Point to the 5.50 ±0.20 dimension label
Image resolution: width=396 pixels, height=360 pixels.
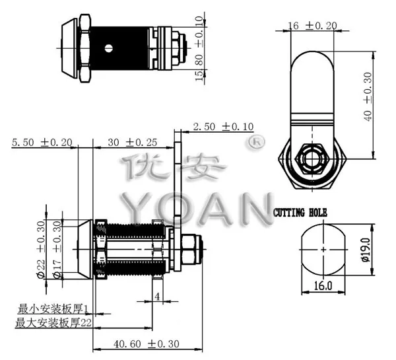pos(42,142)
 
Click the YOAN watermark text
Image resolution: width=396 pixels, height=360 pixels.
pos(198,208)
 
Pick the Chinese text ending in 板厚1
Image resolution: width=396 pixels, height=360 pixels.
pos(56,308)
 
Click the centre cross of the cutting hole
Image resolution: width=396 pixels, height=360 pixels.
pos(323,250)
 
